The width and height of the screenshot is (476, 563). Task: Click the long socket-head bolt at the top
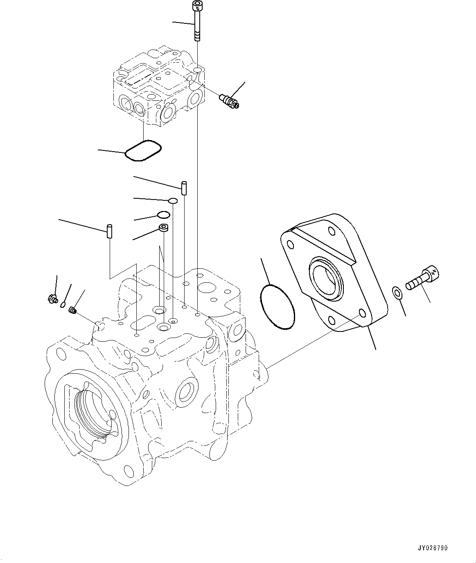pos(197,21)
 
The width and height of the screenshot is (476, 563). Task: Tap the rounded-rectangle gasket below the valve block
pos(143,150)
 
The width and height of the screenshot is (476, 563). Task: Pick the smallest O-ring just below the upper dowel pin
pos(173,200)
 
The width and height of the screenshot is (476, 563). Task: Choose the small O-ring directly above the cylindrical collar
pos(164,215)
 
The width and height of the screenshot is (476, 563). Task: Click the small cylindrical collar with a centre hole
pos(165,229)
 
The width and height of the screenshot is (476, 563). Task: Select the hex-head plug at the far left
pos(52,300)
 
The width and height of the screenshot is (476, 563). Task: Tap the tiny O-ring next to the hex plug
pos(63,304)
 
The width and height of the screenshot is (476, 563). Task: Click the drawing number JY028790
pos(433,547)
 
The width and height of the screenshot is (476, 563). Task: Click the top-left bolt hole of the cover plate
pos(290,245)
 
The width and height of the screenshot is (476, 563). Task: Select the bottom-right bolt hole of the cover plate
pos(361,313)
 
